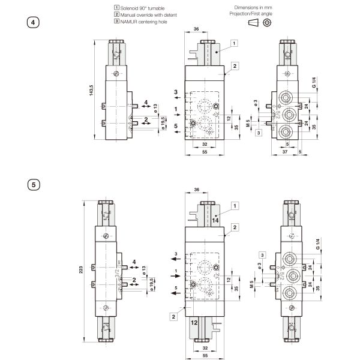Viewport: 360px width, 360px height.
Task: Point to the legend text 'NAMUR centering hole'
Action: pos(145,22)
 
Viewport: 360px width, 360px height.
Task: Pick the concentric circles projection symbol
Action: pos(266,22)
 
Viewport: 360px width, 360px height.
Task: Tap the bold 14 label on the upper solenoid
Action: pos(214,221)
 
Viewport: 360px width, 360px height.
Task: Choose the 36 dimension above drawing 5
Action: pos(197,190)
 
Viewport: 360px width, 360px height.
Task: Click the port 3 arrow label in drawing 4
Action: pos(176,92)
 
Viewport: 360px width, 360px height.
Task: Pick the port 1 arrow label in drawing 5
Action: pos(176,272)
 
